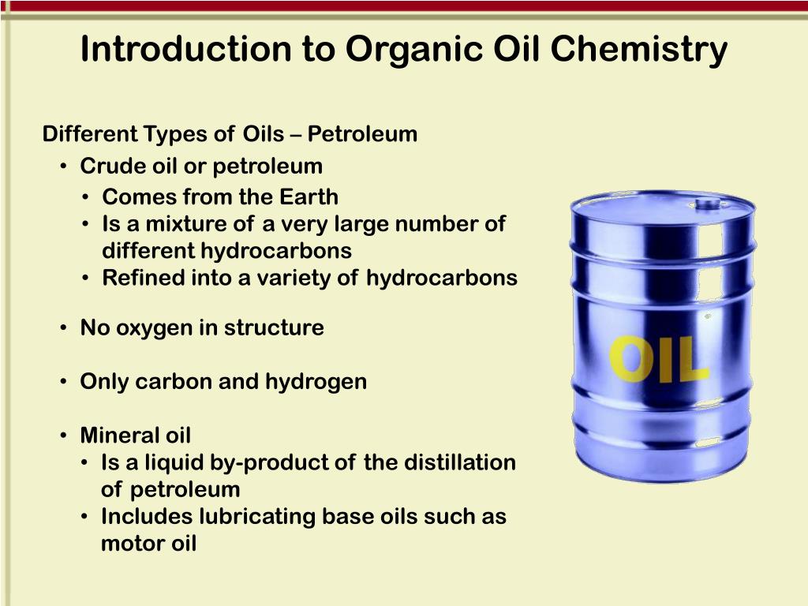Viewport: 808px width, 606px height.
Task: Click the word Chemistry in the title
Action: coord(638,49)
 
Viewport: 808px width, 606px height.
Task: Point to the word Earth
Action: coord(309,196)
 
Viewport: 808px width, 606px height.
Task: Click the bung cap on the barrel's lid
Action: coord(708,204)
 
